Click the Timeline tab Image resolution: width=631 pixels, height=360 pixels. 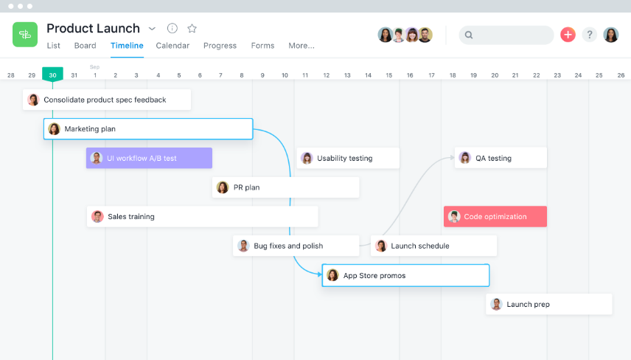point(127,46)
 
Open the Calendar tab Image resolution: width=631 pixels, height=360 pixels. point(172,46)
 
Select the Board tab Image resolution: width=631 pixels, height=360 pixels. point(85,46)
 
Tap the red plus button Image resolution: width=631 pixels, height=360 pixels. point(568,35)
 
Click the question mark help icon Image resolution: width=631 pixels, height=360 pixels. point(589,35)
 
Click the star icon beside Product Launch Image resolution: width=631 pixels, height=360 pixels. point(192,28)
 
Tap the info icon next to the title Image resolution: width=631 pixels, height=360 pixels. point(172,28)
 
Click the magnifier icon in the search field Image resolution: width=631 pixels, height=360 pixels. point(469,35)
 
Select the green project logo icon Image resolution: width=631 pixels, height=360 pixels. point(25,34)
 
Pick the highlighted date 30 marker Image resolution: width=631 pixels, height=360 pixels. point(53,75)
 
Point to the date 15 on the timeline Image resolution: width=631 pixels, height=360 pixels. point(388,75)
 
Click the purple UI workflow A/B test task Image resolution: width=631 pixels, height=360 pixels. point(149,158)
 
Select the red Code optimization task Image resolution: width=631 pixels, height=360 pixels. point(495,216)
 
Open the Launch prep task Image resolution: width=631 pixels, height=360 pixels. point(549,304)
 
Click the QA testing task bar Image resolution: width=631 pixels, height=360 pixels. point(501,158)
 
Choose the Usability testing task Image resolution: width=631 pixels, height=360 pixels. point(348,158)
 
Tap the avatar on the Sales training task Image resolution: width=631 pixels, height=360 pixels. point(97,216)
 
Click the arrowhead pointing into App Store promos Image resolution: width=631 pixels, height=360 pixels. point(319,274)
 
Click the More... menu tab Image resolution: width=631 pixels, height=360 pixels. point(301,46)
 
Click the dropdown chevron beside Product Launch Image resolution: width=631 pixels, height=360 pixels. point(152,29)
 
